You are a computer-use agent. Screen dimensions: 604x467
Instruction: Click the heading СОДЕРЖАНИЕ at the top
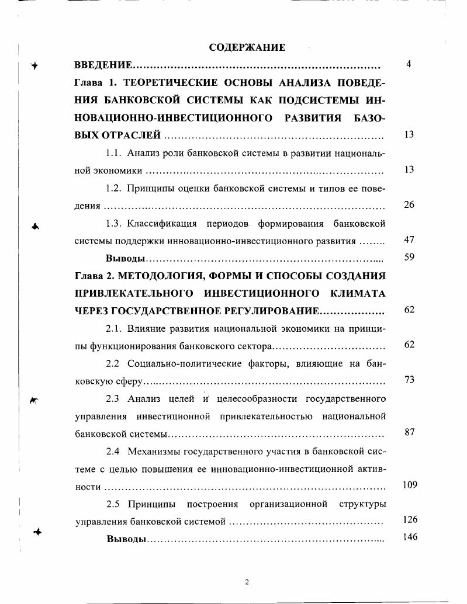click(247, 47)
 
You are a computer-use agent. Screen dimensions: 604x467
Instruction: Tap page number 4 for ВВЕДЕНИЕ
click(409, 64)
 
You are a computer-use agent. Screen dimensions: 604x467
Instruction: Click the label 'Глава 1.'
click(92, 82)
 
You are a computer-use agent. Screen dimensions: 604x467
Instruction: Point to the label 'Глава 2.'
click(92, 275)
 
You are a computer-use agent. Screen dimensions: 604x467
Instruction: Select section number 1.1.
click(113, 153)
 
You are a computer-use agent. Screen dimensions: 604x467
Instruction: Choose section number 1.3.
click(113, 223)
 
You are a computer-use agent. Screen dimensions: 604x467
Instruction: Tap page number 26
click(409, 205)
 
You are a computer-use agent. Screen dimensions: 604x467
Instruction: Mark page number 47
click(409, 240)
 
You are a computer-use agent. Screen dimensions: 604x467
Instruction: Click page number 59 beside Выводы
click(409, 258)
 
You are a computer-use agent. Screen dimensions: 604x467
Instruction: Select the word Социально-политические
click(179, 363)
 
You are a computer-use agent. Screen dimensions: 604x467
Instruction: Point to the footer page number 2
click(247, 582)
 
